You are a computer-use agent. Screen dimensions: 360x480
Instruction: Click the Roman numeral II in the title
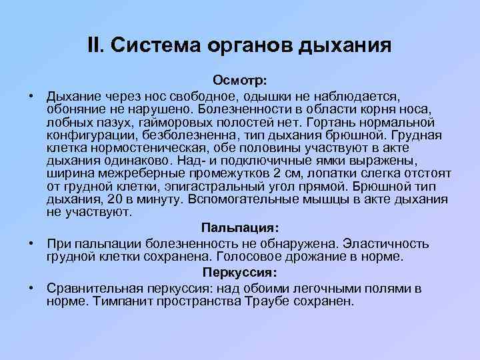(x=95, y=45)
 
